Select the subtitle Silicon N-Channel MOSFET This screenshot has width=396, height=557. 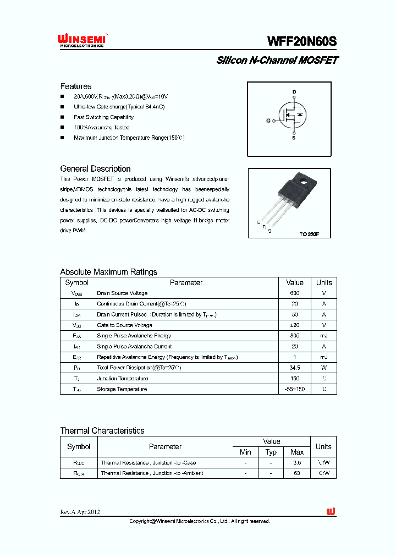(x=277, y=61)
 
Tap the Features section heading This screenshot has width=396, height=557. (x=76, y=86)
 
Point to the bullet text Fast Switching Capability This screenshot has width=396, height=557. (x=103, y=117)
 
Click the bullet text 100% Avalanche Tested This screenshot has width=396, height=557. (x=102, y=128)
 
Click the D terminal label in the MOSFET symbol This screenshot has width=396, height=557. (x=294, y=91)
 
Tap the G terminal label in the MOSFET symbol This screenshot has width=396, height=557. (x=268, y=120)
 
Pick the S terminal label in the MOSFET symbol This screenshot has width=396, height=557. (x=294, y=138)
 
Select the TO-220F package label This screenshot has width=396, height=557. (x=309, y=234)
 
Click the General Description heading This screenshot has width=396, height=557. (x=95, y=169)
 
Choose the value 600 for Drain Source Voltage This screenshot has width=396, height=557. (x=294, y=293)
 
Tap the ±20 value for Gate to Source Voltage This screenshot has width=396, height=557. (x=294, y=325)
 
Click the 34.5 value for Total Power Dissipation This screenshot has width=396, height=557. (x=294, y=368)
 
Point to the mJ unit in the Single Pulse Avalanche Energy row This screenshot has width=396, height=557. (x=323, y=336)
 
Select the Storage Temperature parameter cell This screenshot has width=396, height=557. (x=122, y=389)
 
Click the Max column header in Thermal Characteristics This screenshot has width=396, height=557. (x=297, y=452)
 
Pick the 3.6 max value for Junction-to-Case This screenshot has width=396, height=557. (x=297, y=463)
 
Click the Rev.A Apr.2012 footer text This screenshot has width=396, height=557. (x=80, y=512)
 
